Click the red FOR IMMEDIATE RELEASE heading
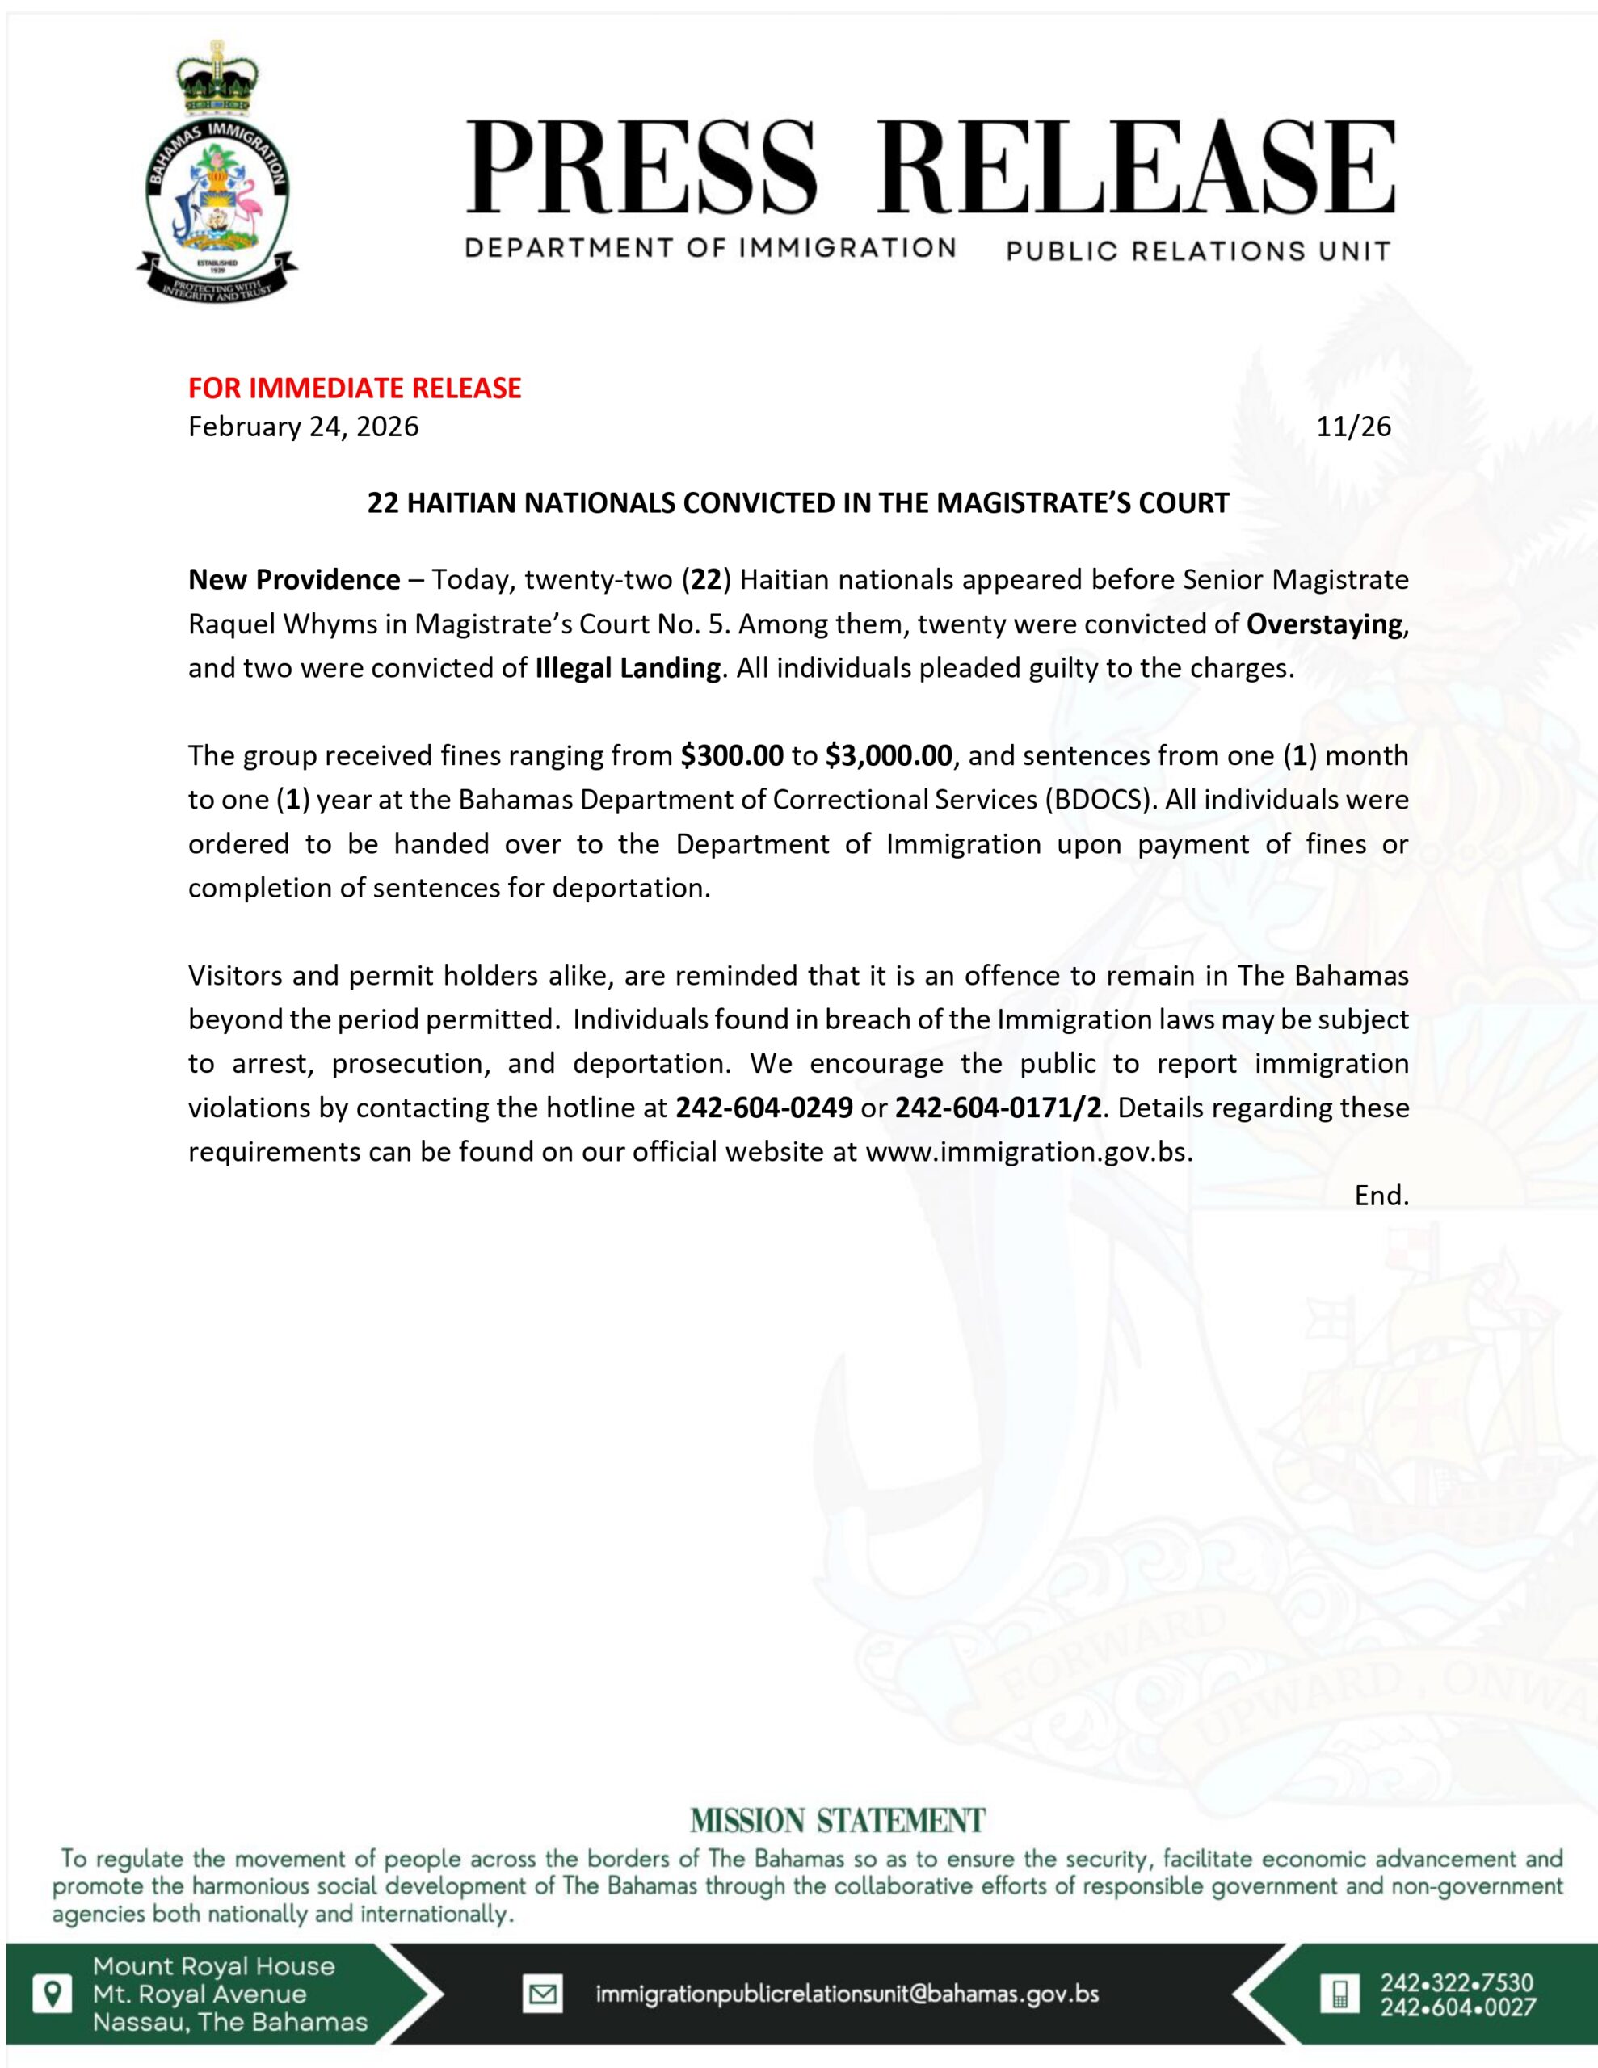pyautogui.click(x=355, y=389)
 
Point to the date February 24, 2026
pyautogui.click(x=303, y=427)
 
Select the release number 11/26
pyautogui.click(x=1353, y=427)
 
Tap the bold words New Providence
pyautogui.click(x=293, y=579)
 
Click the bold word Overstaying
pyautogui.click(x=1324, y=624)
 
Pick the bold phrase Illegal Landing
pyautogui.click(x=627, y=669)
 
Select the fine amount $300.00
pyautogui.click(x=731, y=755)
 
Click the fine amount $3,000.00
pyautogui.click(x=888, y=755)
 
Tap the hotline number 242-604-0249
pyautogui.click(x=763, y=1108)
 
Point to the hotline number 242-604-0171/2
pyautogui.click(x=999, y=1108)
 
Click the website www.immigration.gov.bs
pyautogui.click(x=1028, y=1153)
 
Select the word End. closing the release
pyautogui.click(x=1381, y=1196)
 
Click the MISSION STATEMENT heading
pyautogui.click(x=837, y=1821)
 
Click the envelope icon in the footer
pyautogui.click(x=542, y=1994)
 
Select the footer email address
pyautogui.click(x=847, y=1994)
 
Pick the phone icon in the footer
pyautogui.click(x=1339, y=1994)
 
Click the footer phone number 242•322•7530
pyautogui.click(x=1457, y=1983)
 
